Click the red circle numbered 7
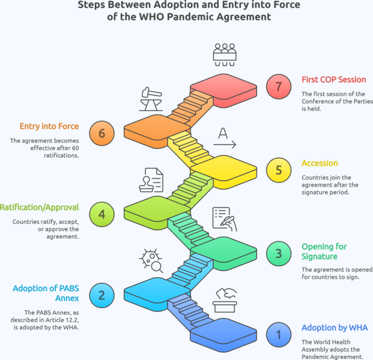279,86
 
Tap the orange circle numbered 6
102,133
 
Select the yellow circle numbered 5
279,170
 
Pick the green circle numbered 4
102,214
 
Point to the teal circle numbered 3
279,254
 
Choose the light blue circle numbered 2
102,295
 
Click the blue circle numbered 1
279,335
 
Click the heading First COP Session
334,80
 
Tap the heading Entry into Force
49,126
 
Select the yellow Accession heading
320,163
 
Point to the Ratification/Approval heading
40,208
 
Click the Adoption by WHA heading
335,328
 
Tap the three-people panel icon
225,55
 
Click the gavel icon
151,99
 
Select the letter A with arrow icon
225,138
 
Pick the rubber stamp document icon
151,180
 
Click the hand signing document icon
225,219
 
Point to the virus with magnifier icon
151,261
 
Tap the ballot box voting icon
225,301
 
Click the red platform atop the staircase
223,90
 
